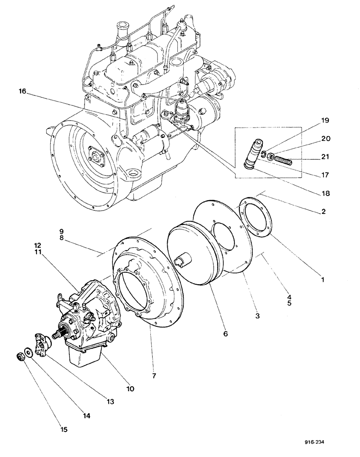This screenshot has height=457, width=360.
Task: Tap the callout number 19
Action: pos(325,121)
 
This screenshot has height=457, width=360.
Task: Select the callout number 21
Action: pos(325,157)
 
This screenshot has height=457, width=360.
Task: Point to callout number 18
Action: pos(325,193)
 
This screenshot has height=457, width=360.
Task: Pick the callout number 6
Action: pos(225,334)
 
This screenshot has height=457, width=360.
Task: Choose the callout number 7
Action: pos(154,376)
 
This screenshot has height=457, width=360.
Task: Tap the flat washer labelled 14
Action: pos(29,351)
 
